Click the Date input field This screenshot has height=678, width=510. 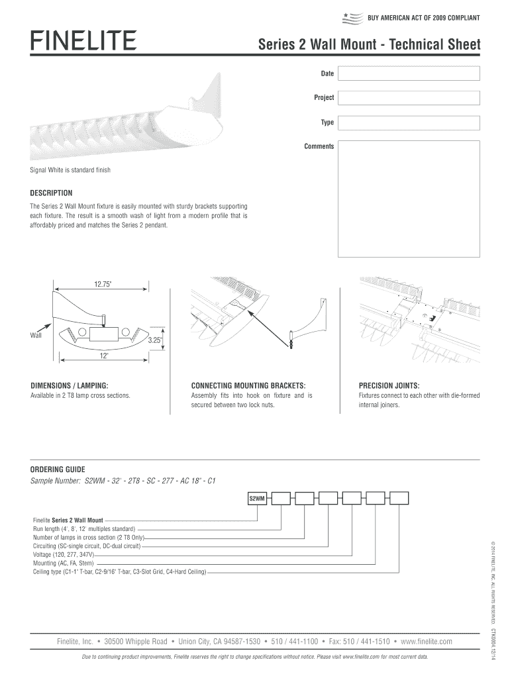409,72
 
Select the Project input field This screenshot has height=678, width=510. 409,97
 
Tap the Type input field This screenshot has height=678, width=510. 409,122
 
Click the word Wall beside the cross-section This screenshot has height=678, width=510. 36,336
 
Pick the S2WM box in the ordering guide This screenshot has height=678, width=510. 257,499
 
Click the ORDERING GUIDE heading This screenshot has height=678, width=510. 58,469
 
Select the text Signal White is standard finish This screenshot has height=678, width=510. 70,170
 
